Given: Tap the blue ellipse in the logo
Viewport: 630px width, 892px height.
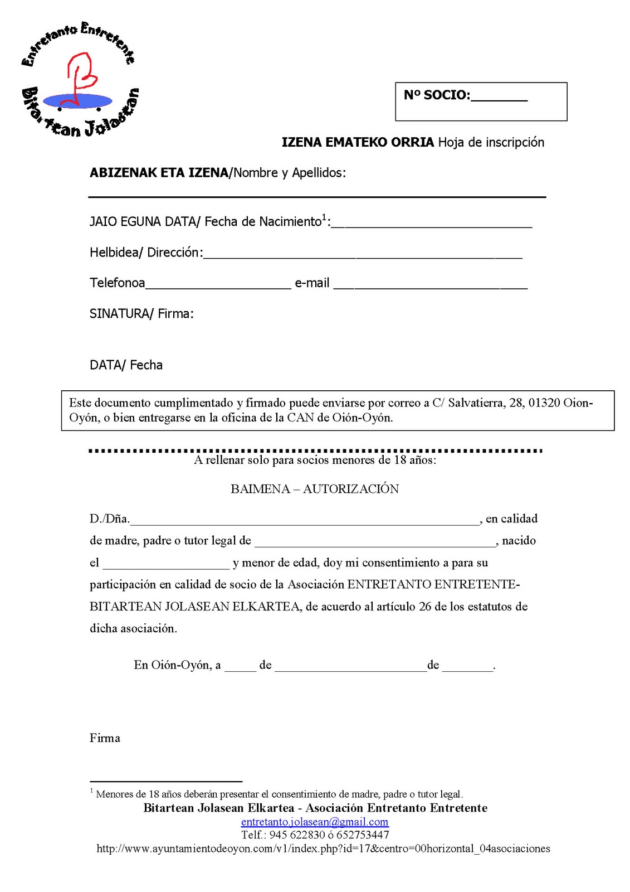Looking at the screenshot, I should click(77, 101).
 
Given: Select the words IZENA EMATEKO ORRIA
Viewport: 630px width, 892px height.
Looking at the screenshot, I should click(358, 142).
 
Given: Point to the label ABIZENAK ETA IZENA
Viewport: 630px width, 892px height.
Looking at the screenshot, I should click(159, 173).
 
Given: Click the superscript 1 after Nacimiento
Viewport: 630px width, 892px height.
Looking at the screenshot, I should click(324, 217).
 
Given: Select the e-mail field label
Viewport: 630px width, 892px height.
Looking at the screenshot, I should click(312, 283).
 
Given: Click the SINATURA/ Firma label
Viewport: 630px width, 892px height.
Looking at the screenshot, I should click(141, 314).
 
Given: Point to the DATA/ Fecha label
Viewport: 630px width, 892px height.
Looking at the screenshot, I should click(126, 365).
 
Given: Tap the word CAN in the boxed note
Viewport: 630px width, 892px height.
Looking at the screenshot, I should click(301, 418).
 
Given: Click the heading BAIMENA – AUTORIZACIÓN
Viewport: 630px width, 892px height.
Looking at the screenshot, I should click(315, 489).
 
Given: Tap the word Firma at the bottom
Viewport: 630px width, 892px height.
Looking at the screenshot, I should click(105, 738).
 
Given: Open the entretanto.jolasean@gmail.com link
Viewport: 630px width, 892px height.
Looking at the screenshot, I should click(315, 822).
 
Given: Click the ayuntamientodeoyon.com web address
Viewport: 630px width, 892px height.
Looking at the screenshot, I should click(323, 849).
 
